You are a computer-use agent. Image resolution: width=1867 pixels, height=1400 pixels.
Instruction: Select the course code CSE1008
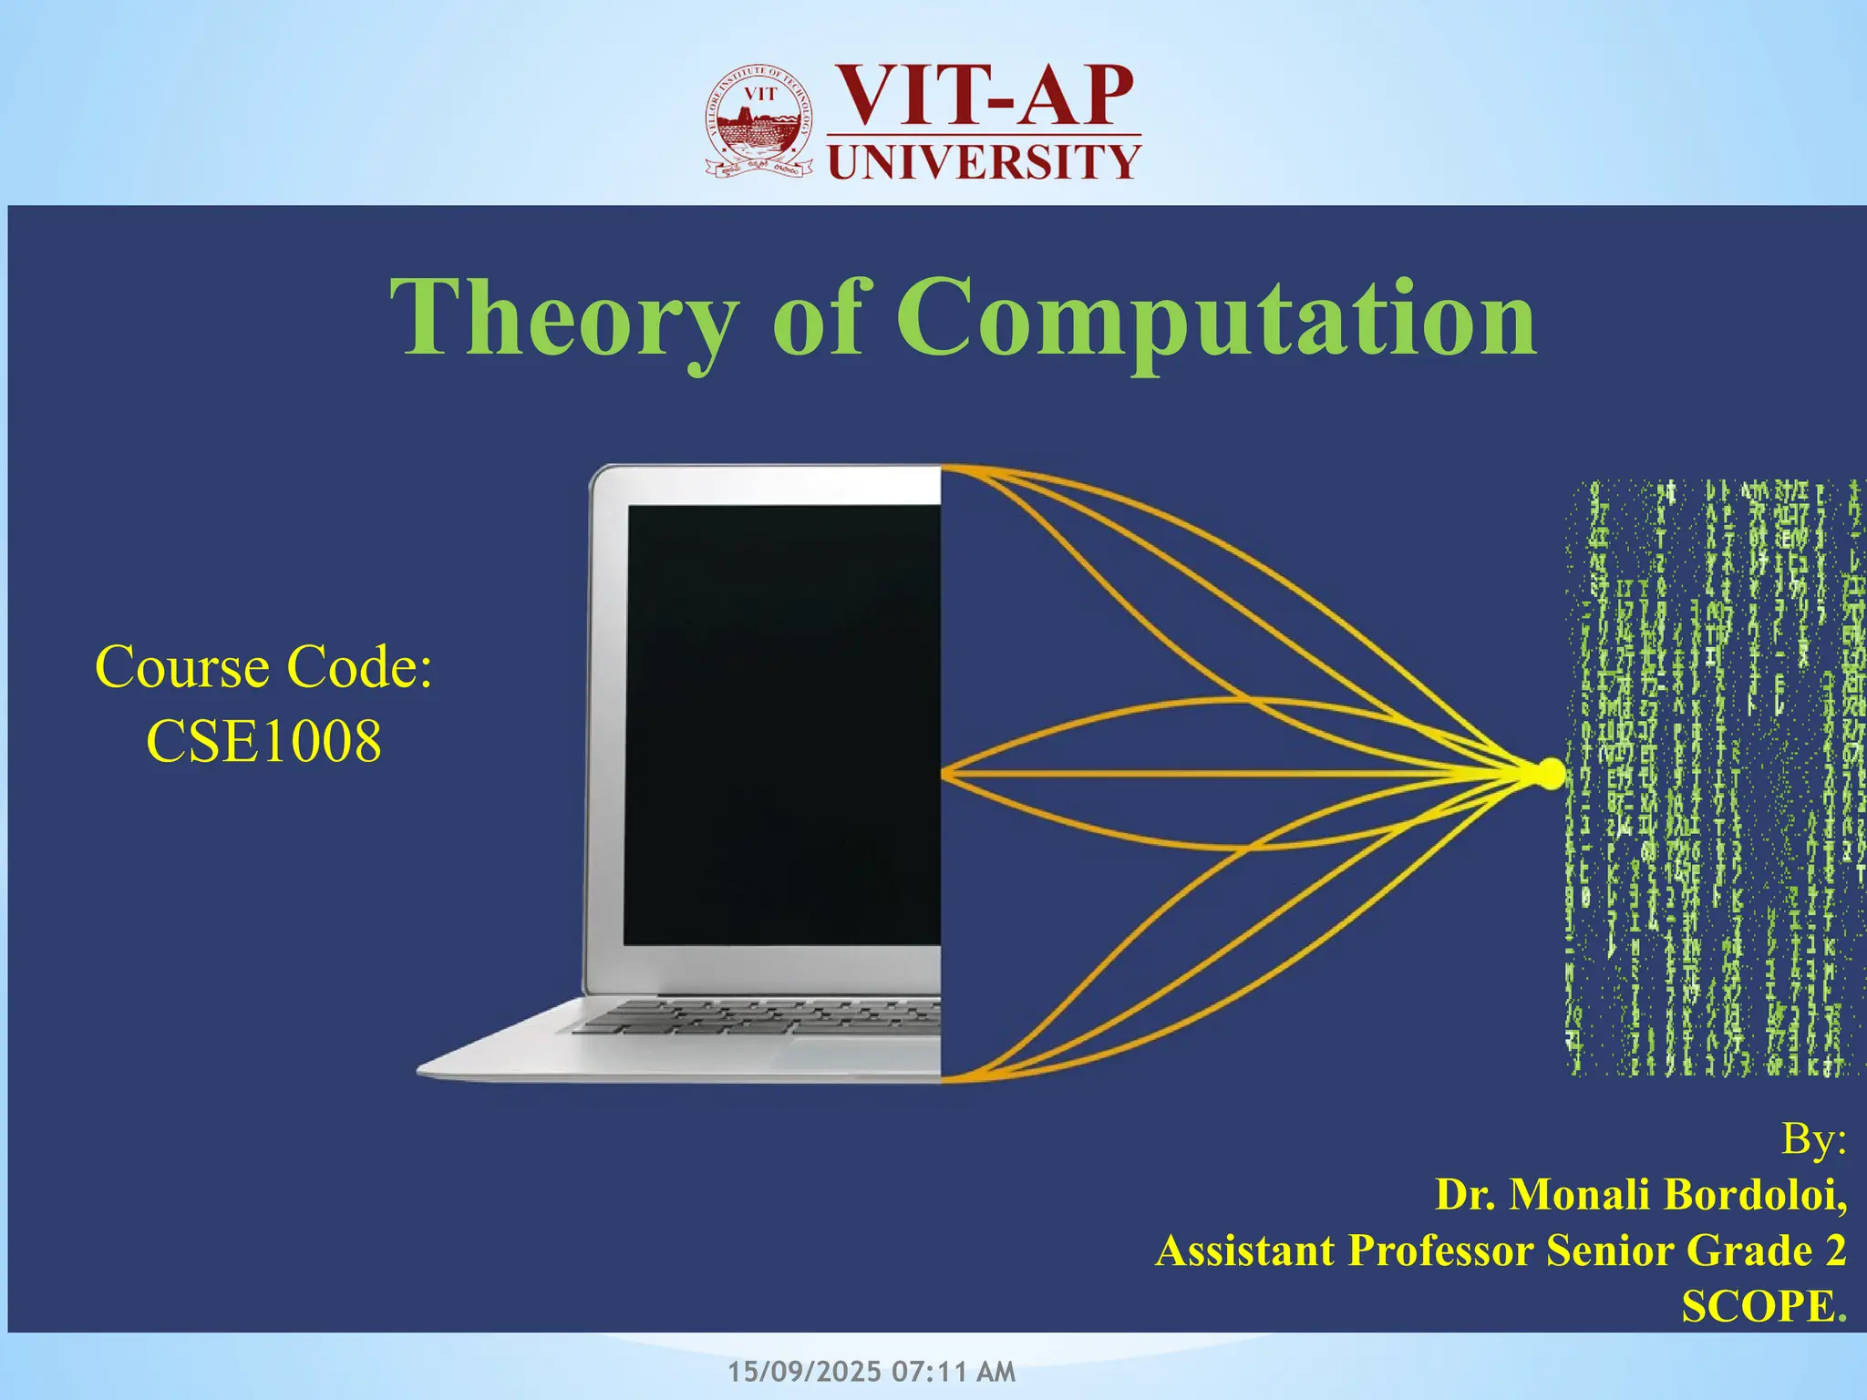[x=263, y=741]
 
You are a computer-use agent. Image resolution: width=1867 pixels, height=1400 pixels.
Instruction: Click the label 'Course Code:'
[x=263, y=667]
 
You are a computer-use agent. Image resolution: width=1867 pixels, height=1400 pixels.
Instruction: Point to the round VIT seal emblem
[x=758, y=123]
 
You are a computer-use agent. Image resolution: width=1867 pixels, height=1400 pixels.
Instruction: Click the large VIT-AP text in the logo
[x=985, y=97]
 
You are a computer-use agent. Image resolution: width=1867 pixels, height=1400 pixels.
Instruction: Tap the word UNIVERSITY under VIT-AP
[x=984, y=162]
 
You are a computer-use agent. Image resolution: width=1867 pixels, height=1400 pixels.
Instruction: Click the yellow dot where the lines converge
[x=1549, y=774]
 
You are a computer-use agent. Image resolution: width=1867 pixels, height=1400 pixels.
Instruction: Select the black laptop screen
[x=782, y=725]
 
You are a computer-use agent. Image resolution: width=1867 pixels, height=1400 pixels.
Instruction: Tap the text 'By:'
[x=1813, y=1138]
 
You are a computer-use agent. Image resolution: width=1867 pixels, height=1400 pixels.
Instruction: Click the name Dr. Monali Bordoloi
[x=1640, y=1195]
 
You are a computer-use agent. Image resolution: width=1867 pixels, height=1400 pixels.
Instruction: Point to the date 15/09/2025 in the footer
[x=805, y=1372]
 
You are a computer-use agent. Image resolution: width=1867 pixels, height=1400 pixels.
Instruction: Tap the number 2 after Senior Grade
[x=1835, y=1251]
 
